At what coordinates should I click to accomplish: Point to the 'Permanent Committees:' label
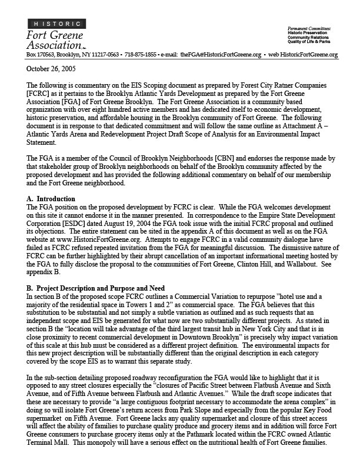[308, 28]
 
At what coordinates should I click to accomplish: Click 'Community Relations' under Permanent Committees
[309, 38]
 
